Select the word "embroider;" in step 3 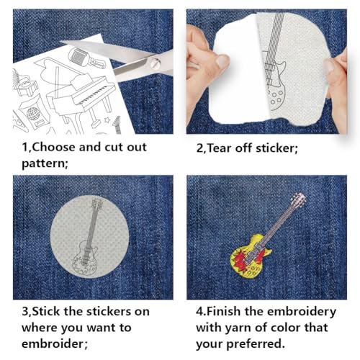[x=45, y=343]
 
